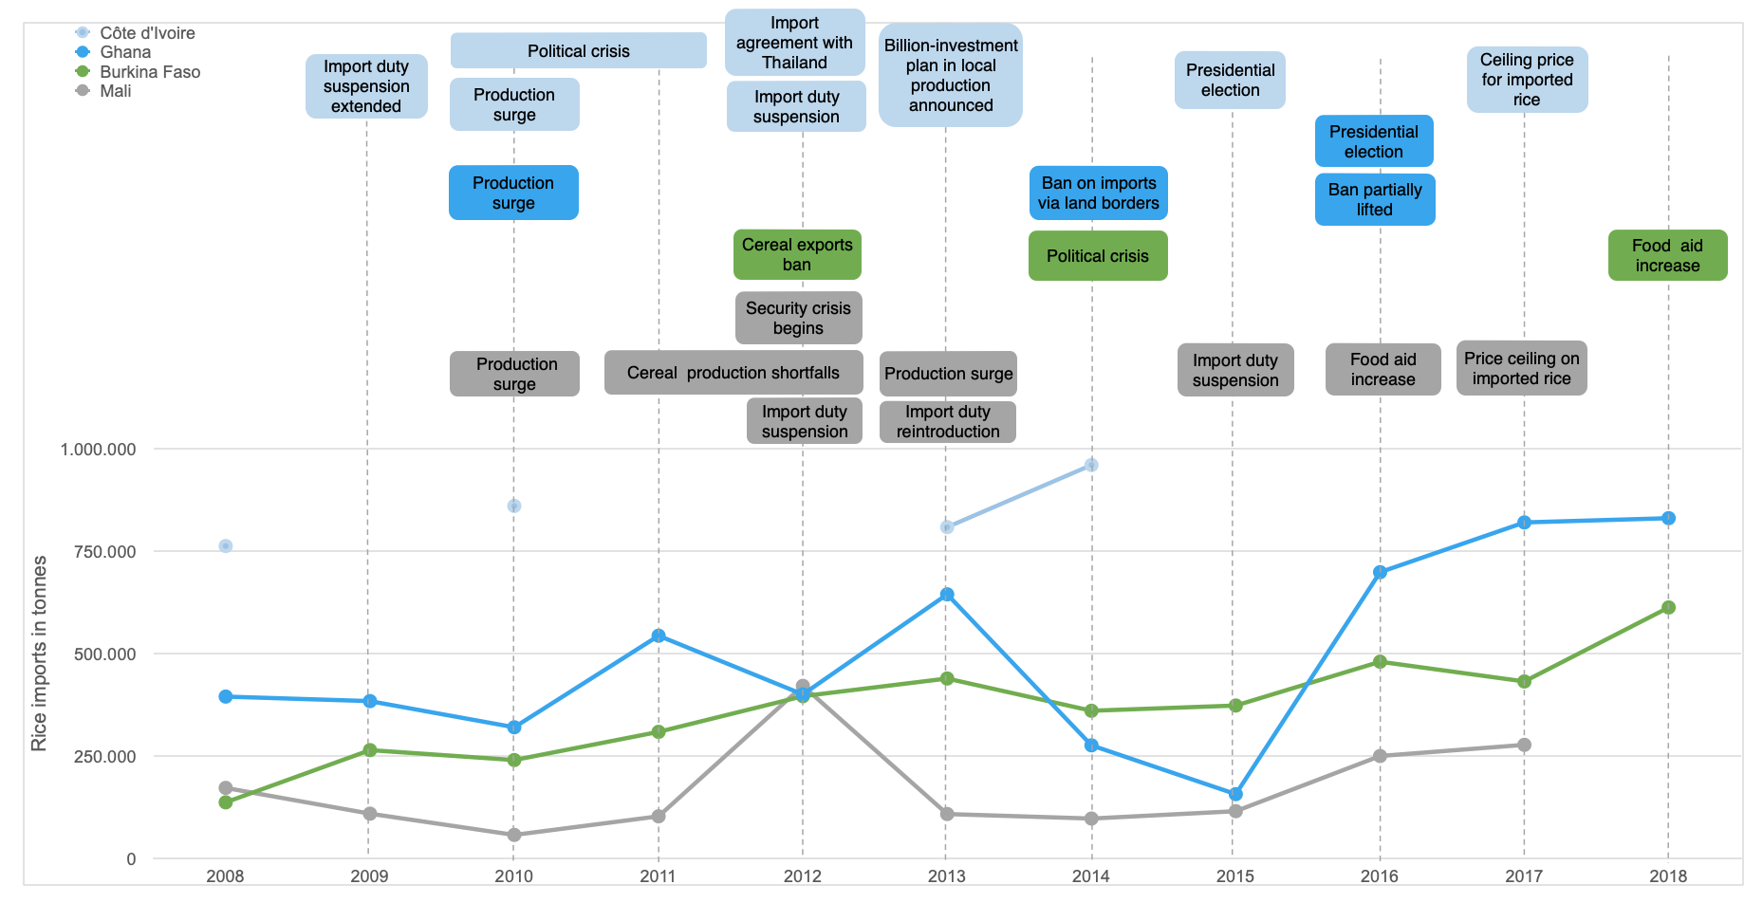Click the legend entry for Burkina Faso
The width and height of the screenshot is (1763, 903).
pyautogui.click(x=149, y=72)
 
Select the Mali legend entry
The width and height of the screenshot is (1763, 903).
pyautogui.click(x=115, y=91)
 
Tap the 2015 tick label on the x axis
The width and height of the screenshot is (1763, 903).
pyautogui.click(x=1234, y=876)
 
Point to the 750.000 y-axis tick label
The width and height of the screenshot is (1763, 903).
pyautogui.click(x=98, y=552)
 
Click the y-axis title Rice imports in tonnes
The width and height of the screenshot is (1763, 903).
pyautogui.click(x=39, y=654)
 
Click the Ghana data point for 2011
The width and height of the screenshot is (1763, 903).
pyautogui.click(x=659, y=636)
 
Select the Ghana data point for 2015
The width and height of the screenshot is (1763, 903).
pyautogui.click(x=1235, y=794)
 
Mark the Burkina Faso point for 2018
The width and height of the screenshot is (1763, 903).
pyautogui.click(x=1668, y=607)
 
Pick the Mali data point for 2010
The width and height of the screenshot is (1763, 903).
pyautogui.click(x=514, y=835)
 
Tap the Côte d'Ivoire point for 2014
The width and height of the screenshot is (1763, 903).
pyautogui.click(x=1091, y=465)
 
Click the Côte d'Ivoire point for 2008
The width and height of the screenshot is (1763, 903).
pyautogui.click(x=226, y=545)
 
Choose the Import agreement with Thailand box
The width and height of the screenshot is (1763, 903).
pyautogui.click(x=795, y=43)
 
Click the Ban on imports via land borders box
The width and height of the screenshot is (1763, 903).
pyautogui.click(x=1098, y=193)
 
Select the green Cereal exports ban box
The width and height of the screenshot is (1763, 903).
pyautogui.click(x=797, y=254)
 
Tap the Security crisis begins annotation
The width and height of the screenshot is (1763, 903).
pyautogui.click(x=798, y=318)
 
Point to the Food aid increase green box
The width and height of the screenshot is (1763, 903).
pyautogui.click(x=1667, y=255)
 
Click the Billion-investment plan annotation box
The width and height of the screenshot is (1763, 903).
pyautogui.click(x=951, y=75)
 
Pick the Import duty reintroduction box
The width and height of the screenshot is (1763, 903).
pyautogui.click(x=948, y=421)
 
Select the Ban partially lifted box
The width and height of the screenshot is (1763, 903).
pyautogui.click(x=1374, y=199)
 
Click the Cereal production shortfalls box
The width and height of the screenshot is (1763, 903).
pyautogui.click(x=733, y=373)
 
